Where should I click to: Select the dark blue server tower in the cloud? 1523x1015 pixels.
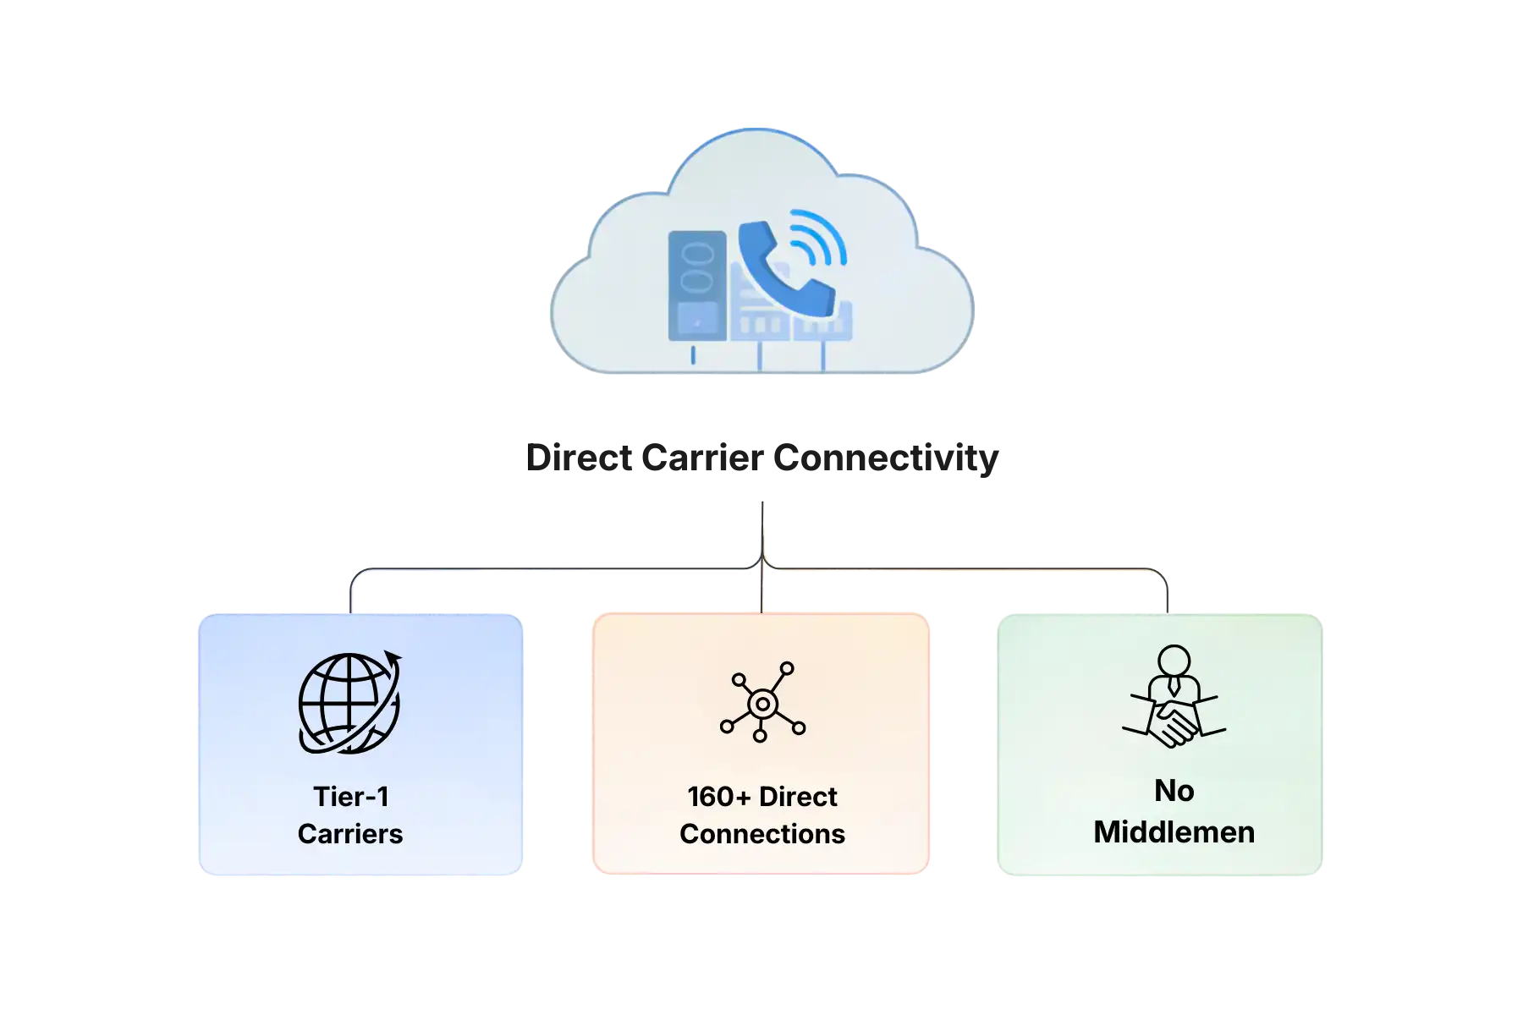(697, 286)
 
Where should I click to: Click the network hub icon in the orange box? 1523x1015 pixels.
(761, 703)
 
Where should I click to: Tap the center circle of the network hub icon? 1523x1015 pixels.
(761, 704)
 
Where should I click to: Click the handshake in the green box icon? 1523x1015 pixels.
(1174, 723)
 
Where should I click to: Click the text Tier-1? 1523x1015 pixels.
(350, 797)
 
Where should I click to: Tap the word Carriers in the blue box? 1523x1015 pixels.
(350, 834)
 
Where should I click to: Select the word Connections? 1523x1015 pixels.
(761, 834)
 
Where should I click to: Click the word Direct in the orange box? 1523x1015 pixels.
(798, 797)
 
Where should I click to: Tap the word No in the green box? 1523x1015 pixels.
(1174, 791)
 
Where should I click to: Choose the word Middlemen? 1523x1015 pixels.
(1174, 832)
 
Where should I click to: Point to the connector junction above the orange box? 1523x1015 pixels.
(761, 565)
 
